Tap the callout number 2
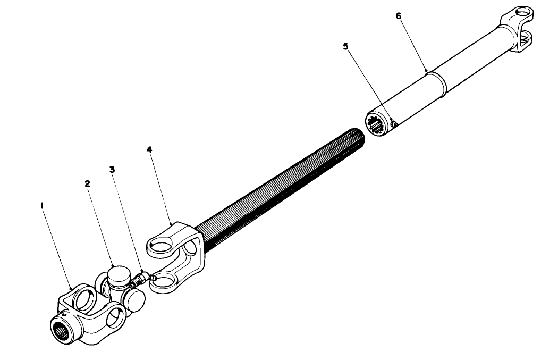click(x=88, y=183)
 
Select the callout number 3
click(x=113, y=170)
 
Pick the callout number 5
click(x=346, y=46)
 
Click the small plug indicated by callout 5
click(x=393, y=124)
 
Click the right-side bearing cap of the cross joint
click(x=136, y=300)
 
